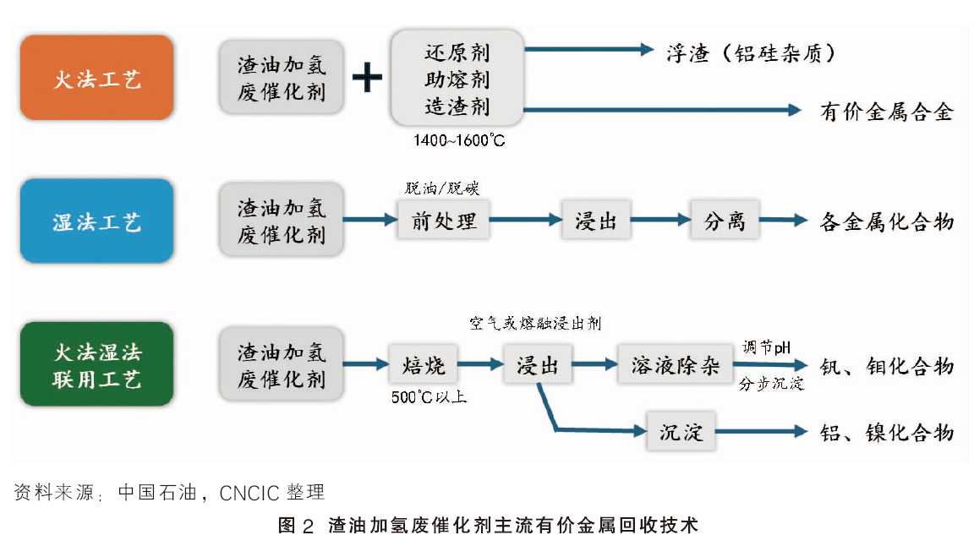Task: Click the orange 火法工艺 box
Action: [97, 78]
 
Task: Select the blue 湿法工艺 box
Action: [97, 221]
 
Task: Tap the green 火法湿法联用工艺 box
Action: [97, 364]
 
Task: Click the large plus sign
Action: [367, 78]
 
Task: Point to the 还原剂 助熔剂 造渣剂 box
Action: [457, 79]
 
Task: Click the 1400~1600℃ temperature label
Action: [459, 140]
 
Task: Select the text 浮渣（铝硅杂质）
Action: [751, 53]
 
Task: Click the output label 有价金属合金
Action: [887, 112]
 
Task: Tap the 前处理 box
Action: [444, 220]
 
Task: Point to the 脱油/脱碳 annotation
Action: [441, 188]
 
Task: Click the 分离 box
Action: [725, 220]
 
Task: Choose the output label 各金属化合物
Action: [887, 221]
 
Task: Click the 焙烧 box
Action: [424, 364]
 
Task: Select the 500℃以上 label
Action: [429, 397]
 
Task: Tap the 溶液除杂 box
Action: [676, 364]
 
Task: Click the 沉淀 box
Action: [681, 431]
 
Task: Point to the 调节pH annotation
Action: [767, 347]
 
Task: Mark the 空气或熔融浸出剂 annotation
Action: [535, 323]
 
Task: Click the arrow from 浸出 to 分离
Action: [660, 219]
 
